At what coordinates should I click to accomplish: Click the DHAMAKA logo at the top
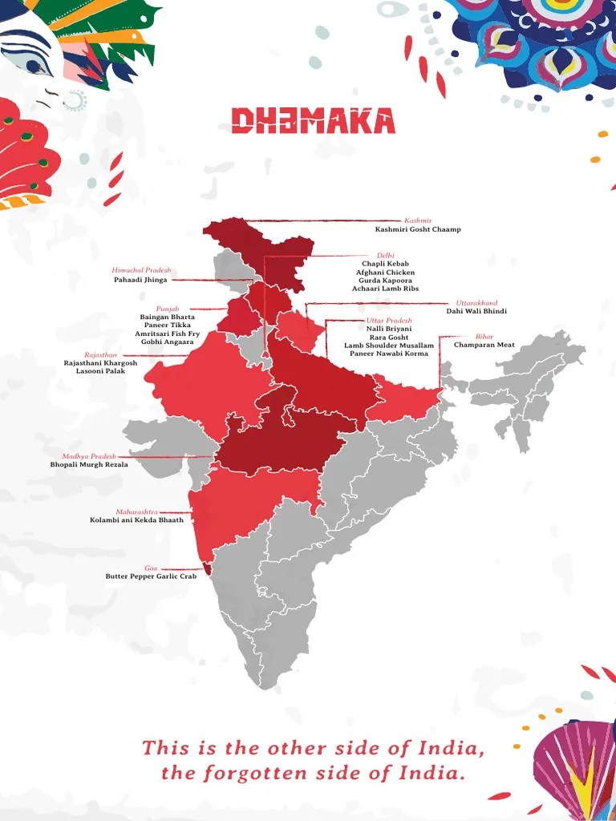313,121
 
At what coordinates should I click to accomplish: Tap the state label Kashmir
418,220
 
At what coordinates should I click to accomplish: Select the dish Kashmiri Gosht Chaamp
417,229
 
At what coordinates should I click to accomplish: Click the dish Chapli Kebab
385,264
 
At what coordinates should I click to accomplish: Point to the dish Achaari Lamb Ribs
385,289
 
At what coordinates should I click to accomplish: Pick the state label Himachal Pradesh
141,270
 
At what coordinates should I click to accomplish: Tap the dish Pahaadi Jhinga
141,280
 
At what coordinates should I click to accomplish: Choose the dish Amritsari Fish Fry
167,334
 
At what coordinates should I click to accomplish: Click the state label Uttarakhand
476,303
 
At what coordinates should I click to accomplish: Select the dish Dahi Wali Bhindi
476,311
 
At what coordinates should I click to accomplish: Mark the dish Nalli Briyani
389,329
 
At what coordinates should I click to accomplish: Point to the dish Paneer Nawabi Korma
389,354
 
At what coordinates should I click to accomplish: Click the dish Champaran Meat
484,345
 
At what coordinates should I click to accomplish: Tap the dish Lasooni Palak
100,371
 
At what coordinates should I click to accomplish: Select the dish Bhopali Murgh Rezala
89,464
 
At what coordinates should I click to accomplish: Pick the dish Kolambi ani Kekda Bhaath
136,520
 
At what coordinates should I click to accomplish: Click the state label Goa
151,568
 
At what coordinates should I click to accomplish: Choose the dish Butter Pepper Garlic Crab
151,576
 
